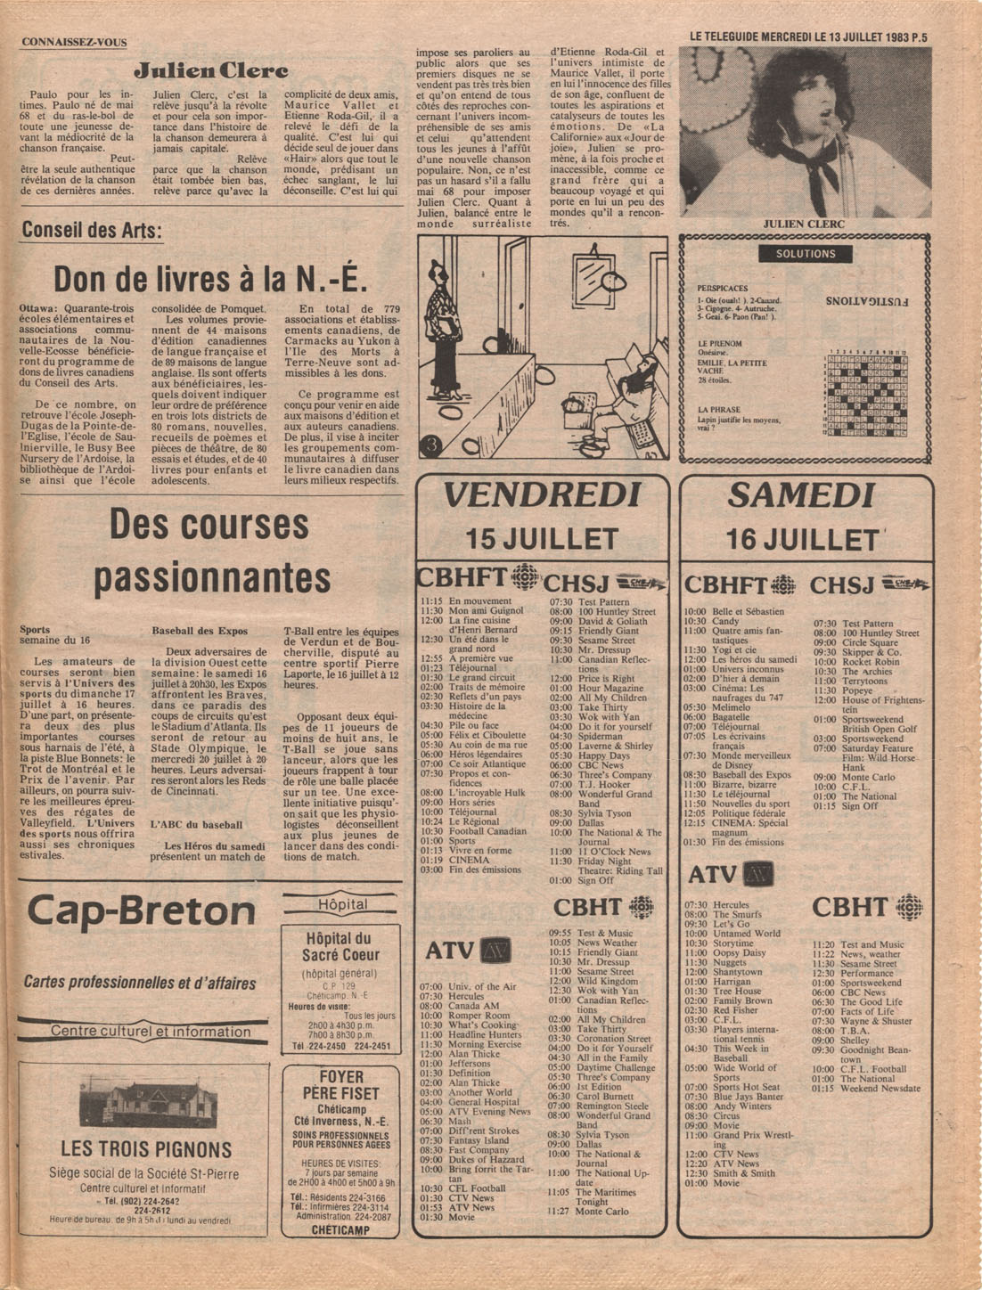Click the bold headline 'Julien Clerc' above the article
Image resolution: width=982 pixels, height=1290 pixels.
click(x=211, y=69)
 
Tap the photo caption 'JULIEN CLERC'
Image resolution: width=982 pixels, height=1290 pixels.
click(x=805, y=224)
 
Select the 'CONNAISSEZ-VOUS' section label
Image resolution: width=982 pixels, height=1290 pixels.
click(x=74, y=42)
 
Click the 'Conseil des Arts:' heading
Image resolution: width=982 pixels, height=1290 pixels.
click(x=92, y=231)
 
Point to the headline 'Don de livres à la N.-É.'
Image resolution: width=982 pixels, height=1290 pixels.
click(x=210, y=280)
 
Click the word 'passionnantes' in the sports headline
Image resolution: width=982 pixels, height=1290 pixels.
click(x=212, y=579)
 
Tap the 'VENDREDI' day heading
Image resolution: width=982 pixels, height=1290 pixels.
click(x=542, y=495)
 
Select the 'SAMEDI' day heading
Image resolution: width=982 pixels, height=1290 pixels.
click(x=801, y=495)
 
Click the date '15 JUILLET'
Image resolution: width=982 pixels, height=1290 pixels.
click(x=542, y=538)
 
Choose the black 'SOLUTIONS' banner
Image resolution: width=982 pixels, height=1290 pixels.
click(x=806, y=254)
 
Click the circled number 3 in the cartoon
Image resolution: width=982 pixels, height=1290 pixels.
click(x=433, y=444)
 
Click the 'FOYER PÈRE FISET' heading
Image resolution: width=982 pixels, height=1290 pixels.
click(x=340, y=1084)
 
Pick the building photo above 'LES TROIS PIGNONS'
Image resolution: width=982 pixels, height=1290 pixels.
click(x=147, y=1102)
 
